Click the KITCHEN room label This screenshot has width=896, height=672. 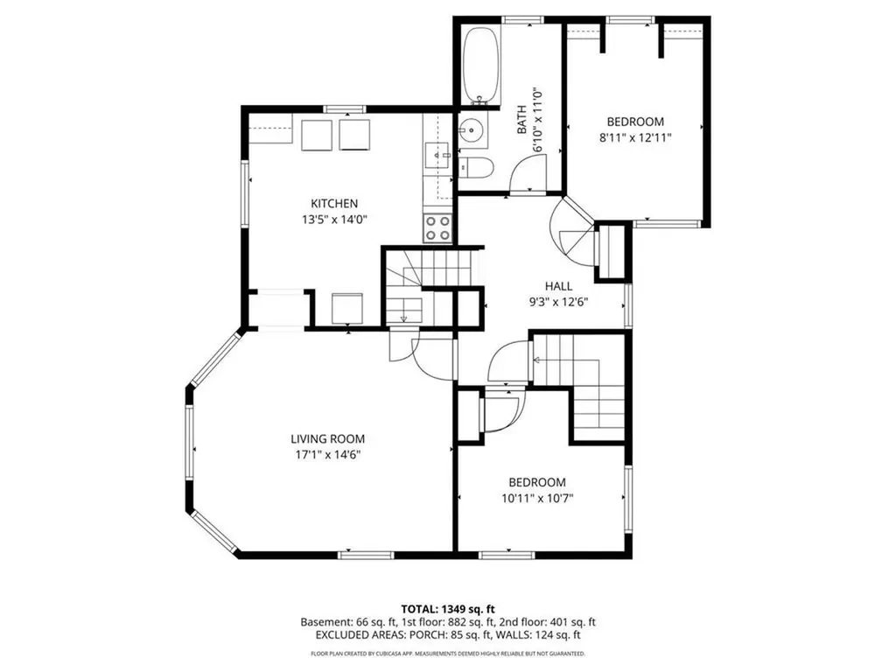tap(334, 203)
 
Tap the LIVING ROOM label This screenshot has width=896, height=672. tap(327, 439)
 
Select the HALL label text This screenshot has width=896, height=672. tap(558, 286)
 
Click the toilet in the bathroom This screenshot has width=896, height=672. tap(477, 167)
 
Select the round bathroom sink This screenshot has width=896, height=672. tap(472, 130)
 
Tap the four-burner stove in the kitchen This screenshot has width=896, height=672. tap(437, 228)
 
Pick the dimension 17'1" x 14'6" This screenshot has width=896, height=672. tap(327, 455)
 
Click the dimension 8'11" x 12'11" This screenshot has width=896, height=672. tap(635, 137)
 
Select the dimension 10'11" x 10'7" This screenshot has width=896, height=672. tap(537, 498)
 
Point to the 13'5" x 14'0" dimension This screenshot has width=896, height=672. tap(334, 220)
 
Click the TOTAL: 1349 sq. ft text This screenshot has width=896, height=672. tap(448, 609)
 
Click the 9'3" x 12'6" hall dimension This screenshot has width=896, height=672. tap(558, 302)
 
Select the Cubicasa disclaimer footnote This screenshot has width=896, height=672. tap(448, 653)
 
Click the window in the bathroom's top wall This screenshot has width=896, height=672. tap(523, 20)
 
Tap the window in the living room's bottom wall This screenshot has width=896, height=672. tap(366, 554)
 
